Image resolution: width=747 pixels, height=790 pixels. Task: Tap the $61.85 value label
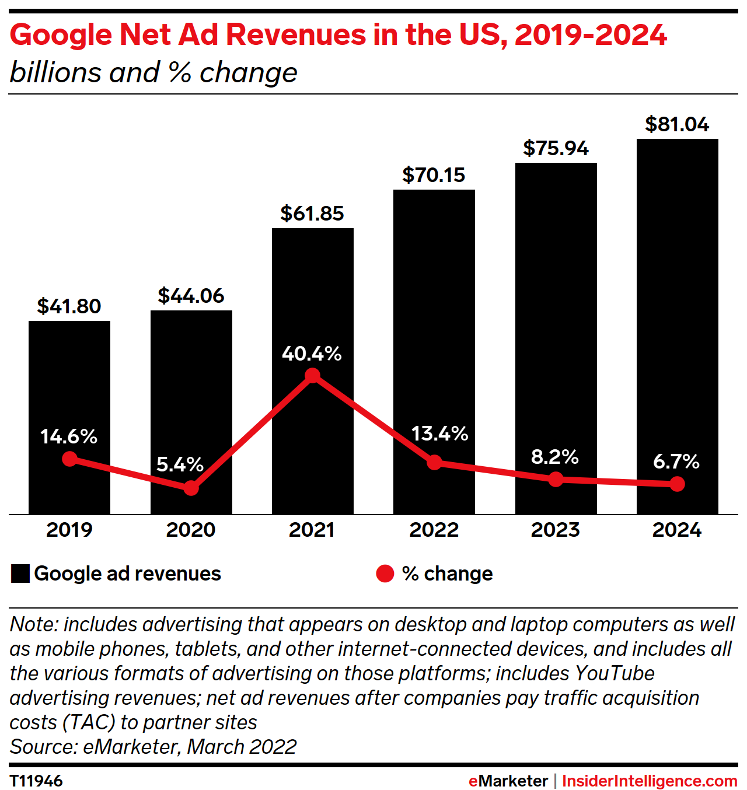click(x=312, y=214)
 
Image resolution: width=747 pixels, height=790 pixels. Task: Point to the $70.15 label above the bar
click(x=434, y=175)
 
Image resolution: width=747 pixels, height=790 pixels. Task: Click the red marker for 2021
click(x=313, y=376)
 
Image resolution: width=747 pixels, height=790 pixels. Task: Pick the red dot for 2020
click(x=191, y=488)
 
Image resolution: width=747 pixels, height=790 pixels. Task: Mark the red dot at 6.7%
click(x=677, y=484)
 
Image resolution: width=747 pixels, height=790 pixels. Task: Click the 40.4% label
click(x=312, y=354)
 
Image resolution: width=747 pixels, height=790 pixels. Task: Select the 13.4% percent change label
click(x=439, y=434)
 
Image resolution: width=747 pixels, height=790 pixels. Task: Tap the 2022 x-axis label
click(x=434, y=530)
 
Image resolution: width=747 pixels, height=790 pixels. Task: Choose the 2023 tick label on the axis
click(x=555, y=530)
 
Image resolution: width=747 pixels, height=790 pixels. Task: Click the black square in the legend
click(x=20, y=574)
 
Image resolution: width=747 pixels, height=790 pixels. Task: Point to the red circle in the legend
click(x=385, y=574)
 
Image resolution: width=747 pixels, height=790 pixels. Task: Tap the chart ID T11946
click(x=36, y=781)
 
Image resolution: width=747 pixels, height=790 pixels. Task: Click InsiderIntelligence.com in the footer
click(x=650, y=781)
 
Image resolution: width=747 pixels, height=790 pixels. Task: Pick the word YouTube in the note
click(x=615, y=673)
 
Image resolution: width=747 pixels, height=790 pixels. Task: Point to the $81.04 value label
click(x=677, y=124)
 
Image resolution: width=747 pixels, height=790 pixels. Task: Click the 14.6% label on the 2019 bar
click(x=69, y=436)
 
